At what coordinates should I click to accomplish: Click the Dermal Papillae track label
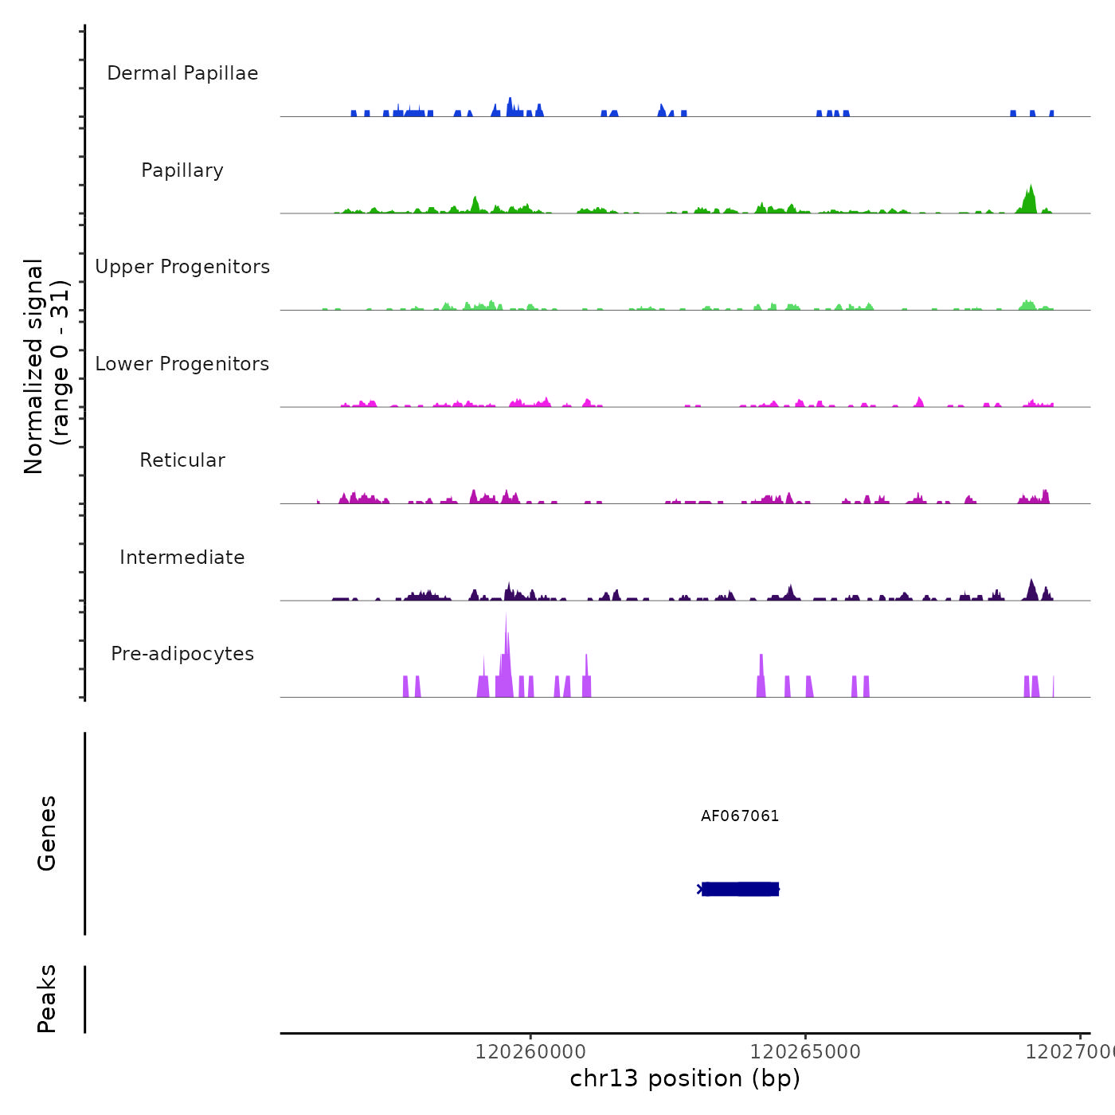point(182,73)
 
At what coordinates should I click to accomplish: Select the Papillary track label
point(182,170)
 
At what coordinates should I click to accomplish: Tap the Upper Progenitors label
point(182,267)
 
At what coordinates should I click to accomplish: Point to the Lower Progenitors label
point(182,364)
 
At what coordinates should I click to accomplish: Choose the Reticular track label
point(182,460)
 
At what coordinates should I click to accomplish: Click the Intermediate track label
point(182,557)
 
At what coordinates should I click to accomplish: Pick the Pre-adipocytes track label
point(182,654)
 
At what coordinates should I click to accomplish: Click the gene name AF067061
point(740,816)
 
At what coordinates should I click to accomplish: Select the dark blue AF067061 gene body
point(740,889)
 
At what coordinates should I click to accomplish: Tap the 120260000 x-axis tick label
point(530,1052)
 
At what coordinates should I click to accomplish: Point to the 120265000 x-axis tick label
point(805,1052)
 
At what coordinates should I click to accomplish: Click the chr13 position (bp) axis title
point(685,1078)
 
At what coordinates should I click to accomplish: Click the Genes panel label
point(47,833)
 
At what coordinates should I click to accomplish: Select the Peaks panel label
point(47,999)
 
